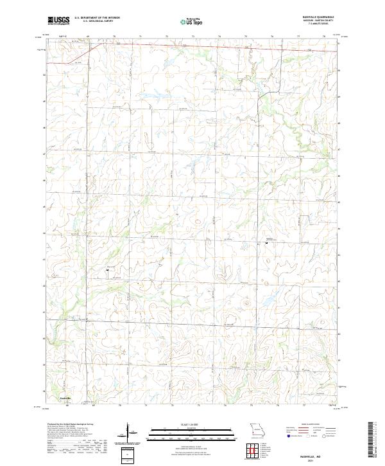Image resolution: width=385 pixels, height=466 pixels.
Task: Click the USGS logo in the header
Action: tap(58, 21)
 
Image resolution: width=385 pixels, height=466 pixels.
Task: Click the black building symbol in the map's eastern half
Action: tap(266, 243)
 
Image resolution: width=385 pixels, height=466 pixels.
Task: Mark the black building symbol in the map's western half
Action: tap(107, 271)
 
